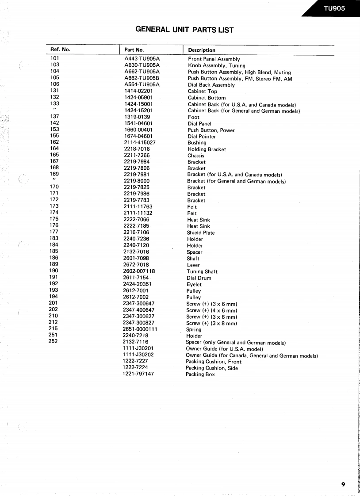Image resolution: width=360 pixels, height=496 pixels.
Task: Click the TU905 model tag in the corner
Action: [x=334, y=8]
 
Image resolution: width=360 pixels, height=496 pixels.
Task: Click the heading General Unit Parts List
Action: [x=184, y=30]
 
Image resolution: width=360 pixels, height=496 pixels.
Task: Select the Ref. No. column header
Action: [x=61, y=50]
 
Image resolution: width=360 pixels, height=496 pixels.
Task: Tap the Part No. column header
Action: [x=134, y=50]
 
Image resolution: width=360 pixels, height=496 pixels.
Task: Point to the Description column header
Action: [x=202, y=50]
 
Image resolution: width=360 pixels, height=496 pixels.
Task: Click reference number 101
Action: [x=55, y=58]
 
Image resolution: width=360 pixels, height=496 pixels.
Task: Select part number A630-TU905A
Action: [x=142, y=65]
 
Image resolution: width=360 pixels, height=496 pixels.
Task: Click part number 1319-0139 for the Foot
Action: [x=138, y=117]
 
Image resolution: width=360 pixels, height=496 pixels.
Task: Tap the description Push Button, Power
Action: [x=211, y=130]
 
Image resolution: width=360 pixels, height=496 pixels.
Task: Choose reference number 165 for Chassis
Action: [x=54, y=155]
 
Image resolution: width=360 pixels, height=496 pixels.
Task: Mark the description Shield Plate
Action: [x=201, y=233]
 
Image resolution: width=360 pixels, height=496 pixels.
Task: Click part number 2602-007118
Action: [x=139, y=271]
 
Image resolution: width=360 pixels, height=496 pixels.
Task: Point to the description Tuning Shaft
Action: [x=202, y=271]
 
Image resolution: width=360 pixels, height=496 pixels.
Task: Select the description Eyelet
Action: [x=194, y=284]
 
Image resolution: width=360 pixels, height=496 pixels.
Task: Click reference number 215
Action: [x=53, y=328]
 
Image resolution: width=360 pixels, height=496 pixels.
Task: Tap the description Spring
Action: [x=194, y=329]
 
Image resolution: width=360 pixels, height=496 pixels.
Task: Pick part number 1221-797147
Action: [x=138, y=374]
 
